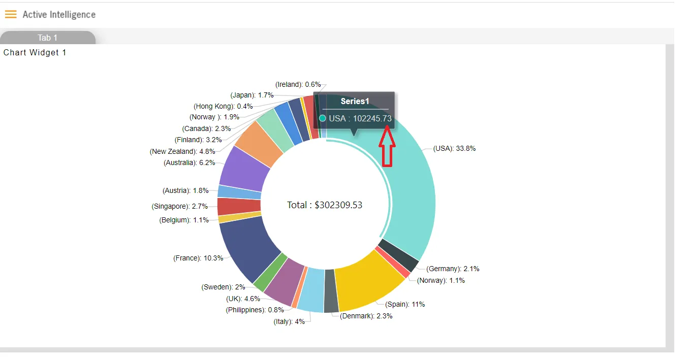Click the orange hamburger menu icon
[x=11, y=14]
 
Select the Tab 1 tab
[x=48, y=38]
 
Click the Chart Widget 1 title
[x=35, y=52]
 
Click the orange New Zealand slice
[x=260, y=143]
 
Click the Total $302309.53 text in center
[x=324, y=205]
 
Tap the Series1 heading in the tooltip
[x=355, y=101]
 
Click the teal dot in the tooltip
[x=323, y=118]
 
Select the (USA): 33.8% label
[x=454, y=148]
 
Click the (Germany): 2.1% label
[x=453, y=269]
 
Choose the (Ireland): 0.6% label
[x=298, y=85]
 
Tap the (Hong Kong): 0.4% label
[x=223, y=107]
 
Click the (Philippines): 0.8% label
[x=255, y=310]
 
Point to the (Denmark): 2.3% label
[x=366, y=316]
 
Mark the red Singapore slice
[x=239, y=207]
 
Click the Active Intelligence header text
[x=59, y=15]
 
